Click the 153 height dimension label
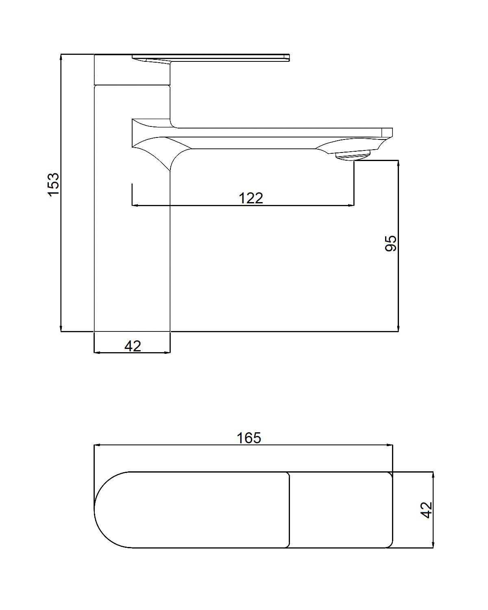coord(53,184)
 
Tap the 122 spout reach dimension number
coord(251,198)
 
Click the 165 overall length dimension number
coord(249,438)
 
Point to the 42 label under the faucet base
coord(133,346)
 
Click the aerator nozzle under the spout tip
coord(353,156)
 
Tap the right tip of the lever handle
coord(289,57)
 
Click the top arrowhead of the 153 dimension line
coord(61,57)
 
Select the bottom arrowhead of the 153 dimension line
coord(61,328)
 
